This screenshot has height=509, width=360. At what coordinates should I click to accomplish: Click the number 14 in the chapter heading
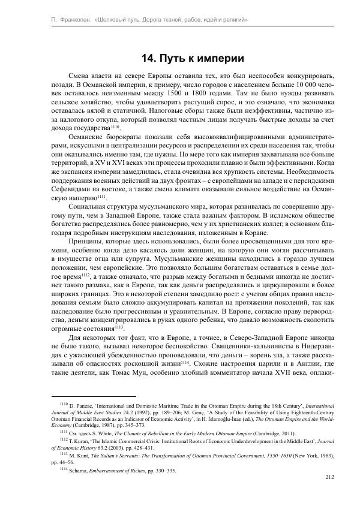point(148,59)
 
